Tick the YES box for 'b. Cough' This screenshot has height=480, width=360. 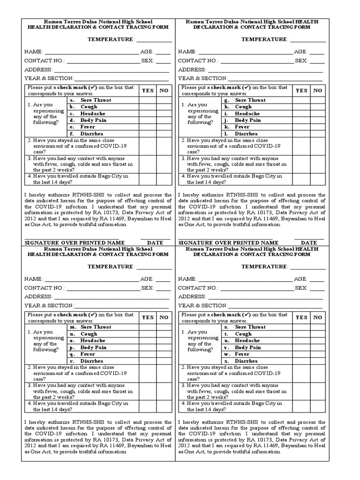click(148, 107)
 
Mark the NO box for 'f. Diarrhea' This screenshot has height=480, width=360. click(164, 134)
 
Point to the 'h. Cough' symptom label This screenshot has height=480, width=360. click(243, 107)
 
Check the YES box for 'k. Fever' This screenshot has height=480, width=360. click(301, 127)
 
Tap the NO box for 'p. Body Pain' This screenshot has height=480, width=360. click(164, 348)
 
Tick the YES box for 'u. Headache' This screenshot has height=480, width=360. click(301, 341)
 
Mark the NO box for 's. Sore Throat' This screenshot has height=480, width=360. click(317, 327)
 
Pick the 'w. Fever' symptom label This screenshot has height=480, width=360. click(242, 354)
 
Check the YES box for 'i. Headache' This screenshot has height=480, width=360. click(301, 113)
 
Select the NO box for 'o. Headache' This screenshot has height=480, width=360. click(164, 341)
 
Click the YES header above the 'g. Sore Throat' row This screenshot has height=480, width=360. click(301, 90)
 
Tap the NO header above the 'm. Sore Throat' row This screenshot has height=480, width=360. click(164, 317)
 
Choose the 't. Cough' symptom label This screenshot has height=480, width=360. click(243, 334)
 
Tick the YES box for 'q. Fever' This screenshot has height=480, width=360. click(148, 354)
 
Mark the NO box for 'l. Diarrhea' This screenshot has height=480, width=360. click(317, 134)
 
